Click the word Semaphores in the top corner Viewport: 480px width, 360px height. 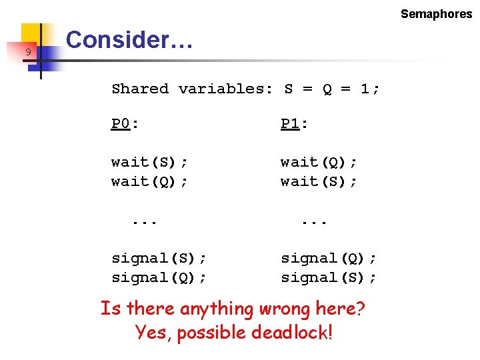point(436,14)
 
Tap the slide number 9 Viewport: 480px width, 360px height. point(28,52)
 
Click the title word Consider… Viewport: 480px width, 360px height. point(130,40)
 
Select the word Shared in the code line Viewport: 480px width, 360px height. point(140,89)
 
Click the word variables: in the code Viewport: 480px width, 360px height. point(225,89)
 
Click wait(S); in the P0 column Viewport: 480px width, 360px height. point(149,162)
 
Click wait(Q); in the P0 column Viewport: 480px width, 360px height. point(149,181)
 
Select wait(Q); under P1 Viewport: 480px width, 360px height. point(319,162)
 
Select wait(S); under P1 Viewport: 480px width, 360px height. point(319,181)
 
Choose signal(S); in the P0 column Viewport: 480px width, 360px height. point(159,258)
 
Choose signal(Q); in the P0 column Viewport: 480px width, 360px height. point(159,277)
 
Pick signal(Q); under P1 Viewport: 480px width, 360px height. point(329,258)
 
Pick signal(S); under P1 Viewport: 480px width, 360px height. point(329,277)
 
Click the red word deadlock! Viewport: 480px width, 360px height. point(292,331)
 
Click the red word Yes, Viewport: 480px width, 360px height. point(153,331)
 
